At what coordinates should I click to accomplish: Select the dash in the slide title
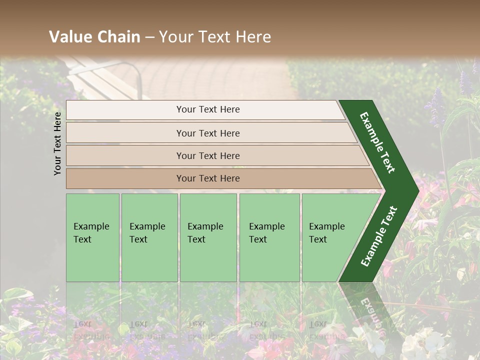(x=149, y=37)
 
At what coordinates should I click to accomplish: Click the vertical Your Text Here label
(x=58, y=143)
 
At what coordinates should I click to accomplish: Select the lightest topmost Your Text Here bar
(x=208, y=109)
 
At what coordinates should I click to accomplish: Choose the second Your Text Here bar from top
(x=208, y=133)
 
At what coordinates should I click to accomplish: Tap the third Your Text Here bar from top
(x=208, y=155)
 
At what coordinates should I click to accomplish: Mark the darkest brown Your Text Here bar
(x=208, y=178)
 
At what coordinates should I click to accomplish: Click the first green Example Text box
(x=92, y=237)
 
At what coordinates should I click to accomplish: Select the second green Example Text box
(x=149, y=237)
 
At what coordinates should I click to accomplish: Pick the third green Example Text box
(x=208, y=237)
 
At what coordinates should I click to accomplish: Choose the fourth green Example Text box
(x=269, y=237)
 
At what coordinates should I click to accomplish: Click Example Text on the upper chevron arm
(x=377, y=142)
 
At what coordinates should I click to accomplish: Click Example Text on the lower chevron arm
(x=379, y=236)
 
